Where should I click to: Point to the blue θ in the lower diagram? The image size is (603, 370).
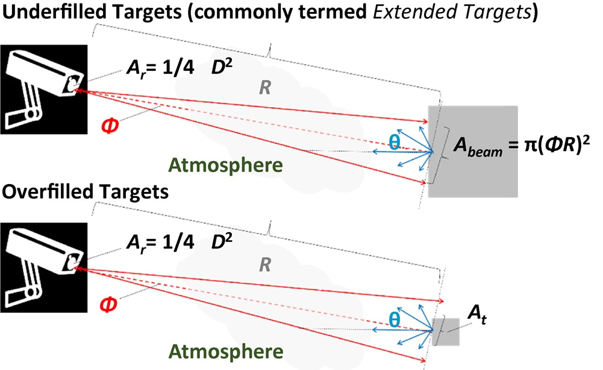tap(395, 319)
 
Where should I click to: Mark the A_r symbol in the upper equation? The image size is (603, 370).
tap(136, 68)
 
